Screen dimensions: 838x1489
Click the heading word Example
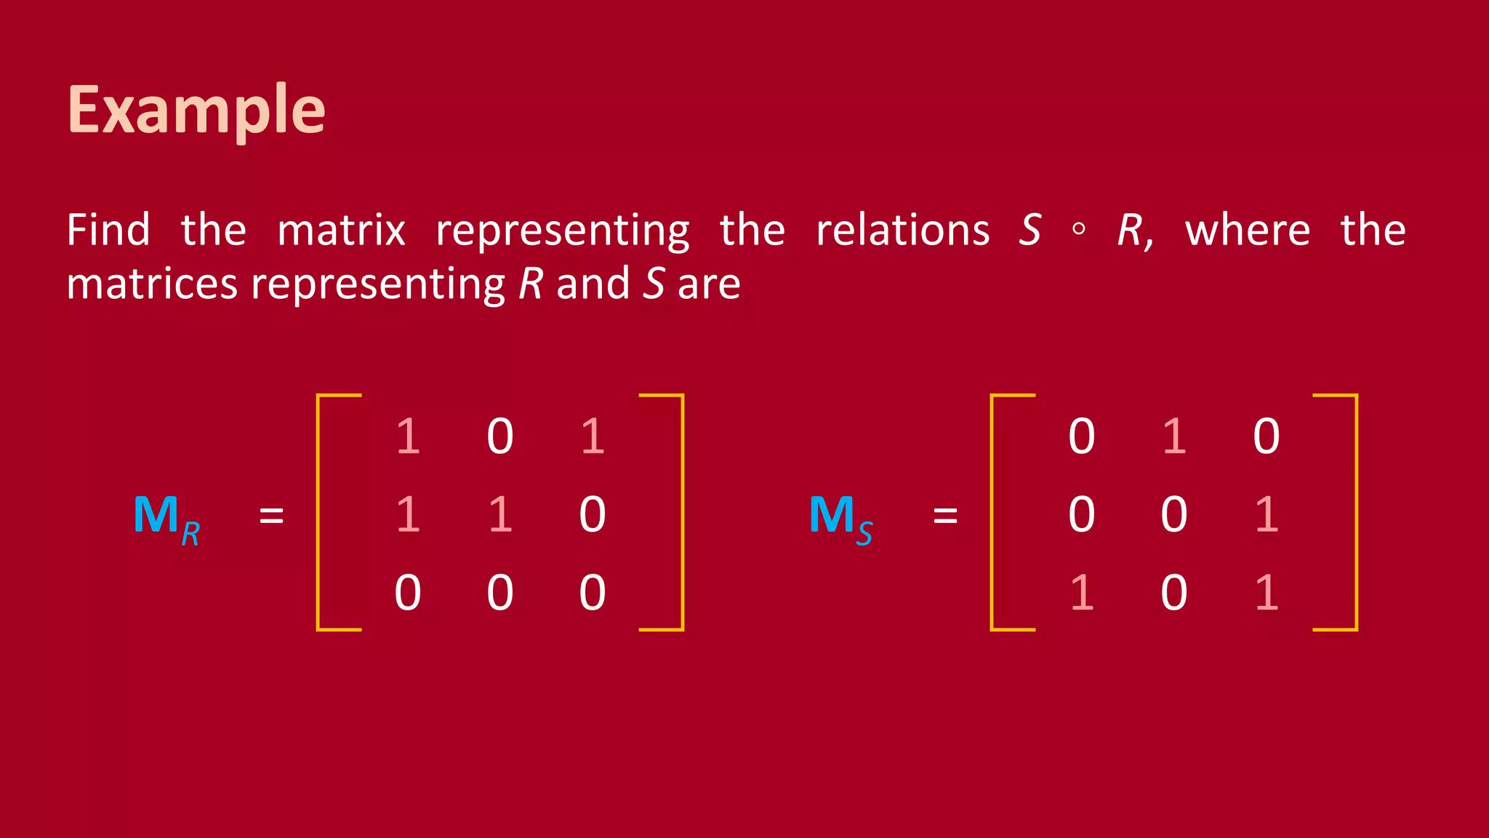(196, 111)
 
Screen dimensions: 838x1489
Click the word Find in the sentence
(108, 231)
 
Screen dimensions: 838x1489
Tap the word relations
(902, 231)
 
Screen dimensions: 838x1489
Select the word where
(1248, 231)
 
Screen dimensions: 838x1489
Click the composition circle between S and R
(1079, 230)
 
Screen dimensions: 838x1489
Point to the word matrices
(151, 284)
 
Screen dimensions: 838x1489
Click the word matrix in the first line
(341, 231)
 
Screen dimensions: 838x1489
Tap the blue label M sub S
(840, 518)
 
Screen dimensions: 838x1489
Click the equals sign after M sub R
(271, 516)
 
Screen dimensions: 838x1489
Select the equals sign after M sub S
(945, 516)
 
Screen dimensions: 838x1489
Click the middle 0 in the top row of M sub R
(500, 436)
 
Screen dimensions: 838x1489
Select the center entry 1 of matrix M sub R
(500, 514)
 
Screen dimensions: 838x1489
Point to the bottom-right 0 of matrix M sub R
(593, 592)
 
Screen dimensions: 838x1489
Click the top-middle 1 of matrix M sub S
(1174, 436)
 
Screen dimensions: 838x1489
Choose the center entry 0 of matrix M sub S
(1174, 514)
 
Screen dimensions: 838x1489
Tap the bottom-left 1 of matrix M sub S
(1082, 592)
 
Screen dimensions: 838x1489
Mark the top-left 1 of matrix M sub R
(408, 436)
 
